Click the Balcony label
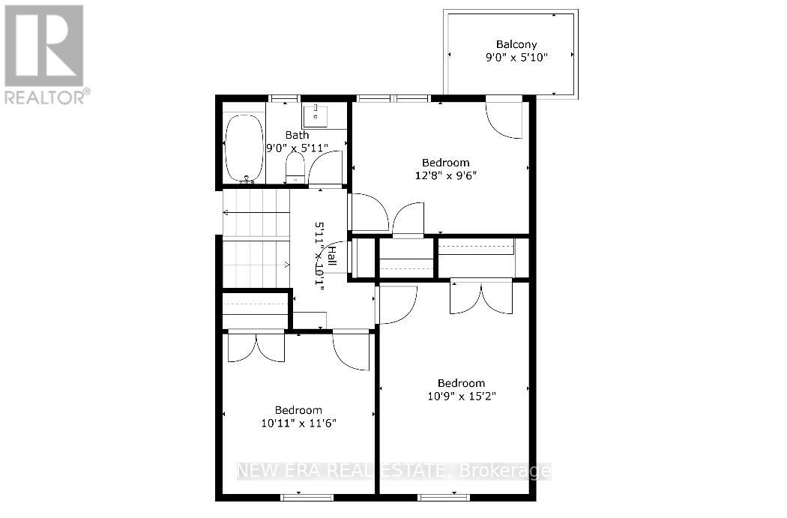tap(516, 45)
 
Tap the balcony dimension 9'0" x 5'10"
tap(516, 57)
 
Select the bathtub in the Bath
tap(244, 148)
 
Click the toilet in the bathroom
tap(295, 168)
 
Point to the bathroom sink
tap(316, 115)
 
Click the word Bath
tap(297, 135)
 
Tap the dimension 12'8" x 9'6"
tap(446, 175)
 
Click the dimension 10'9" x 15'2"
tap(461, 396)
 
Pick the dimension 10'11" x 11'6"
tap(298, 423)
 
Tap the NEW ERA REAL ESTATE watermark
tap(394, 471)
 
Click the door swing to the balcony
tap(504, 120)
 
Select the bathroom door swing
tap(326, 169)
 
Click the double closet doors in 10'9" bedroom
tap(481, 298)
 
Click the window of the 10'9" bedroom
tap(444, 498)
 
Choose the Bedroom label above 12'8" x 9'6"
tap(446, 163)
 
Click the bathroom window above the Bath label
tap(285, 98)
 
